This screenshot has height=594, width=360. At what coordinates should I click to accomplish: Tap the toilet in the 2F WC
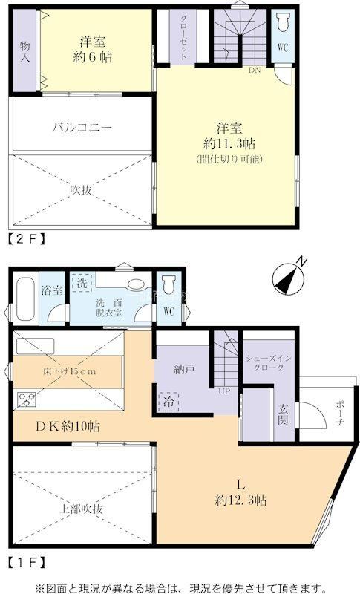[x=283, y=23]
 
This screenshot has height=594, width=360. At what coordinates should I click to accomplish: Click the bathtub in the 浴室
[x=25, y=299]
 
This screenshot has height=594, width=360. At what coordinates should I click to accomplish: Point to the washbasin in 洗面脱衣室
[x=134, y=284]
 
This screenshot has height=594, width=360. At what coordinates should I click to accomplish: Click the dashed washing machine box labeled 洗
[x=82, y=283]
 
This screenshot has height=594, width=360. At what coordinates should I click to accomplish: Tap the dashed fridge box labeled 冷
[x=168, y=402]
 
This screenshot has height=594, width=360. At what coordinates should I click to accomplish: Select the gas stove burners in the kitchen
[x=26, y=399]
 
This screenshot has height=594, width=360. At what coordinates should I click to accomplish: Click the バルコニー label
[x=82, y=127]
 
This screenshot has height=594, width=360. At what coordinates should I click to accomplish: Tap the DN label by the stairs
[x=255, y=70]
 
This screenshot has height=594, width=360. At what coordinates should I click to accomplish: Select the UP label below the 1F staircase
[x=224, y=391]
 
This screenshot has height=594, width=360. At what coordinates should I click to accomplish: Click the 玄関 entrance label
[x=284, y=414]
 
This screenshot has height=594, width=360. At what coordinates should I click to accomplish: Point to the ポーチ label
[x=339, y=412]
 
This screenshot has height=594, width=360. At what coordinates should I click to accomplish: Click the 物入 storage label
[x=25, y=51]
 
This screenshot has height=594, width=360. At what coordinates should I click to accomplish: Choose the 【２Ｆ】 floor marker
[x=27, y=239]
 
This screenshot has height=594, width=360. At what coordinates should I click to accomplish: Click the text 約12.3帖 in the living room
[x=240, y=500]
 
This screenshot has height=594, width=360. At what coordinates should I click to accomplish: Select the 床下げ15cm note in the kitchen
[x=69, y=371]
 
